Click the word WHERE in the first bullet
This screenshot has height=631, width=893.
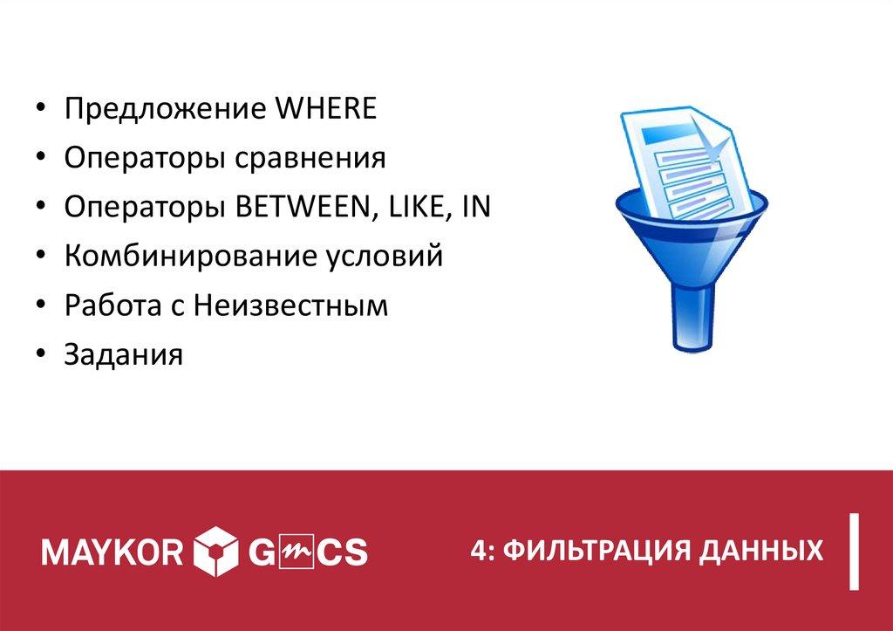pyautogui.click(x=326, y=110)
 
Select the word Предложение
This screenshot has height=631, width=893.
pyautogui.click(x=165, y=111)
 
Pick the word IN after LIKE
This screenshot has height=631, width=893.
pyautogui.click(x=476, y=209)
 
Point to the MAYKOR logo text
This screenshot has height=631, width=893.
pyautogui.click(x=112, y=551)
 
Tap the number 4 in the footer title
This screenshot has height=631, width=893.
pyautogui.click(x=475, y=551)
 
